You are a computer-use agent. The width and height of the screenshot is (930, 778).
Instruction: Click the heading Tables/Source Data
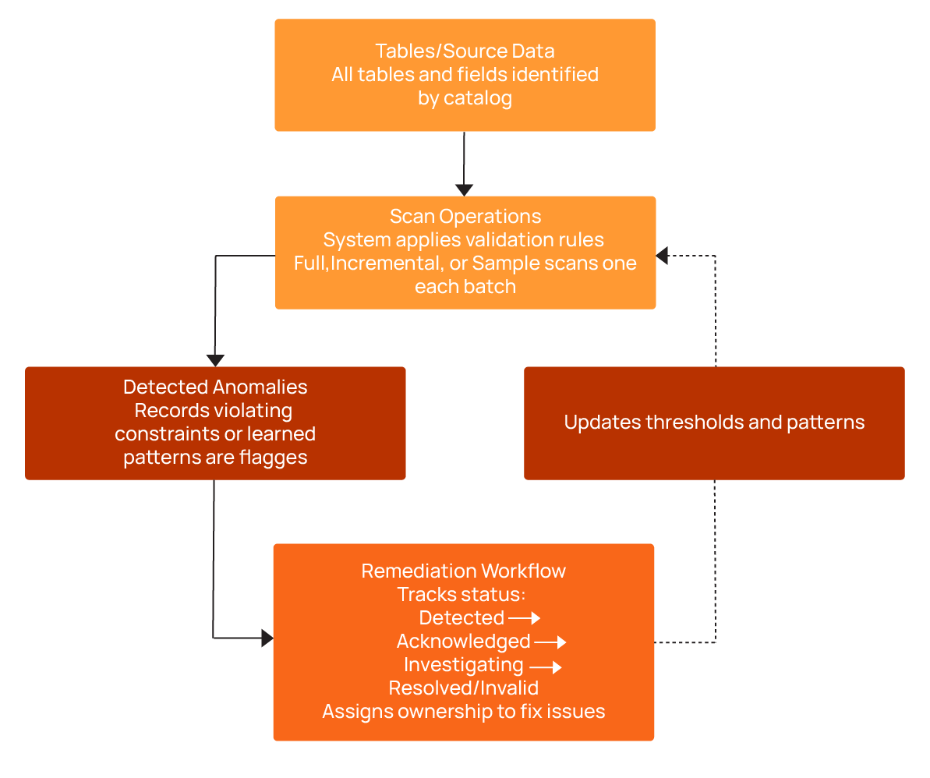pyautogui.click(x=465, y=51)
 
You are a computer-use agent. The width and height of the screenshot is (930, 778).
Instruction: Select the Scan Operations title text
pyautogui.click(x=465, y=216)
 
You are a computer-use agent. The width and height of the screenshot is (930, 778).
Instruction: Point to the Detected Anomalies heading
pyautogui.click(x=215, y=387)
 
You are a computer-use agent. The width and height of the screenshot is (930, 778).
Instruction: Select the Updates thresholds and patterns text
pyautogui.click(x=714, y=423)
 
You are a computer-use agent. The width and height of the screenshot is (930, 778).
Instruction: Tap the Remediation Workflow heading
pyautogui.click(x=464, y=571)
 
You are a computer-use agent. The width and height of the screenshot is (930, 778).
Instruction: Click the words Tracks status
pyautogui.click(x=461, y=594)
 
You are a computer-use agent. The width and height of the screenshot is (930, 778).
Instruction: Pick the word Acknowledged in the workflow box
pyautogui.click(x=463, y=642)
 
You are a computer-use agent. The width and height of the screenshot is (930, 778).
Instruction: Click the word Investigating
pyautogui.click(x=463, y=665)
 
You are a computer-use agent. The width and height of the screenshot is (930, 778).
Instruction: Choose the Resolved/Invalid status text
pyautogui.click(x=464, y=688)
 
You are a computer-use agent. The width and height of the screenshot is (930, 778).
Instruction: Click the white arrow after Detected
pyautogui.click(x=525, y=618)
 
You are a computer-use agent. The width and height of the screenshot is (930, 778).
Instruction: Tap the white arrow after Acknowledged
pyautogui.click(x=550, y=642)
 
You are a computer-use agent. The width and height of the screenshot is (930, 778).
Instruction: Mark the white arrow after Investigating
pyautogui.click(x=546, y=667)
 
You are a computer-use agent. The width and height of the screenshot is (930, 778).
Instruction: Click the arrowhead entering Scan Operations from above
pyautogui.click(x=465, y=189)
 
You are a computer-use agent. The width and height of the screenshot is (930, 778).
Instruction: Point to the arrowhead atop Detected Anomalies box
pyautogui.click(x=215, y=360)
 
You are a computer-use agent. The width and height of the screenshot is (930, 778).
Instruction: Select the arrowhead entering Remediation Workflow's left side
pyautogui.click(x=267, y=638)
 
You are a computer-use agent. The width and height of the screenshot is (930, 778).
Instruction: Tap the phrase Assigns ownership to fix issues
pyautogui.click(x=464, y=712)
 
